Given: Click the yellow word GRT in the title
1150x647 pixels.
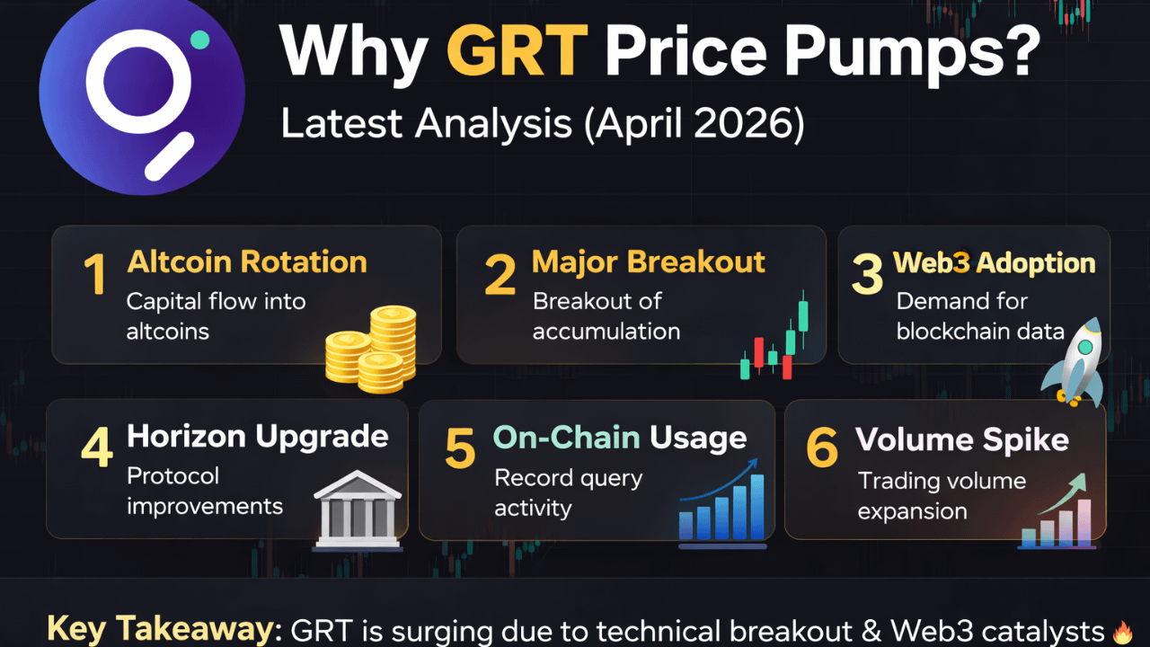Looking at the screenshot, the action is tap(517, 51).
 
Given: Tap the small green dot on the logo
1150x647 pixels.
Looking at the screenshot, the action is tap(199, 40).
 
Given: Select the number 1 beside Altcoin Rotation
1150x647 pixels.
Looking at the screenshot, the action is tap(95, 274).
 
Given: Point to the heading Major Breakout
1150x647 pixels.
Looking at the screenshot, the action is tap(649, 261).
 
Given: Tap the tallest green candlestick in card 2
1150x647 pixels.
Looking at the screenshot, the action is tap(803, 315).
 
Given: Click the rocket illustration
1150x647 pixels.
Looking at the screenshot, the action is tap(1074, 362).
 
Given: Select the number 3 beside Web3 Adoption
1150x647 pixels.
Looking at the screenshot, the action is tap(867, 274).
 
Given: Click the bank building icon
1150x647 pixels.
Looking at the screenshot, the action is tap(358, 510).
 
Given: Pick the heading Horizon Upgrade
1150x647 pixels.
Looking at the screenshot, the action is tap(257, 437).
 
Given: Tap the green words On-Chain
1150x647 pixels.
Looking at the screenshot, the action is tap(566, 438).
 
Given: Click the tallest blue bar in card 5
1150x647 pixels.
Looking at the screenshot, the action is tap(756, 506).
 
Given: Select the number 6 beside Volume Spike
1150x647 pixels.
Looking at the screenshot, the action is tap(821, 448).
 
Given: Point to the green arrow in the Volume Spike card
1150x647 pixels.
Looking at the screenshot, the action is tap(1064, 493).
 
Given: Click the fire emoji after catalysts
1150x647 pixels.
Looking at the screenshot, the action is tap(1122, 632).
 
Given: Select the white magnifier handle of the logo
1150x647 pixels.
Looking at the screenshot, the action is tap(170, 156).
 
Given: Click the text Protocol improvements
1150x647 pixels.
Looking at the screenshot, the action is tap(204, 492).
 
